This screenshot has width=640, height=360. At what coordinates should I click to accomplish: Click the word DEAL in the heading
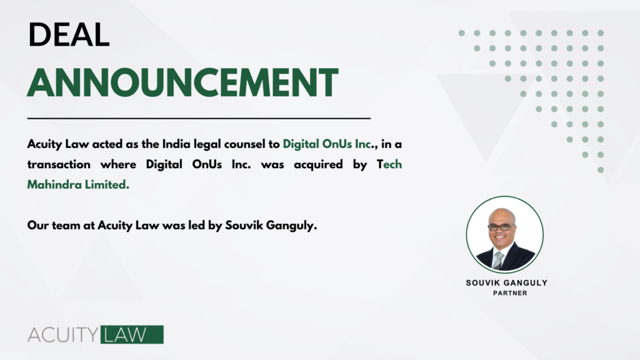(x=69, y=35)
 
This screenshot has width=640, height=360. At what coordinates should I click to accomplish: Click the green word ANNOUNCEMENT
(x=182, y=82)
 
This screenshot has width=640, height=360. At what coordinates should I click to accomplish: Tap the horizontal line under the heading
(x=199, y=117)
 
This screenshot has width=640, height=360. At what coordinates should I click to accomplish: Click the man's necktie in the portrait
(x=498, y=259)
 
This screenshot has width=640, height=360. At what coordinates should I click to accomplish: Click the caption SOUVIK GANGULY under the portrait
(x=506, y=282)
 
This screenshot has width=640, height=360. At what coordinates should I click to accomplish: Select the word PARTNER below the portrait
(x=506, y=293)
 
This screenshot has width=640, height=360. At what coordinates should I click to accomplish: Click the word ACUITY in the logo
(x=63, y=335)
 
